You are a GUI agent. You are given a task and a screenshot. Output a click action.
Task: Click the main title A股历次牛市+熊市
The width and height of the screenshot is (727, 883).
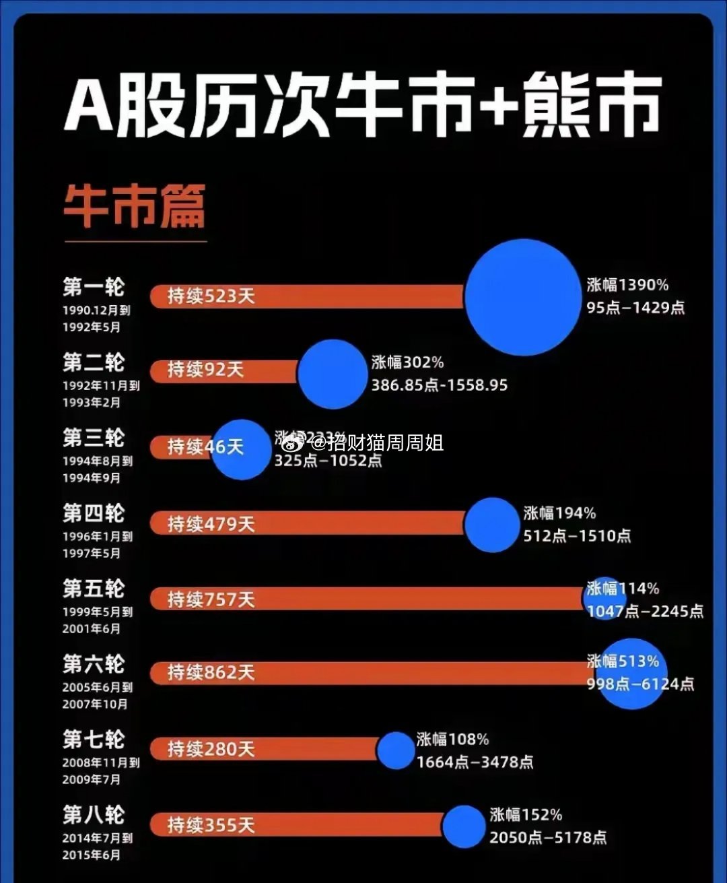tap(363, 106)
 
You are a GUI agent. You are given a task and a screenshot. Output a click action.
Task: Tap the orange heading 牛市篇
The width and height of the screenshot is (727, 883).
tap(134, 207)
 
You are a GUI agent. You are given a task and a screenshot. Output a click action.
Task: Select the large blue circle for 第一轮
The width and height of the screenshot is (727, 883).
tap(522, 297)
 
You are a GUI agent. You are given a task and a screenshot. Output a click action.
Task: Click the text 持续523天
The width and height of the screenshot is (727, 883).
tap(211, 296)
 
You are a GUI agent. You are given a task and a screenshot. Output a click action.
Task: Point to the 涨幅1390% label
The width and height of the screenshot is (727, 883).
tap(627, 285)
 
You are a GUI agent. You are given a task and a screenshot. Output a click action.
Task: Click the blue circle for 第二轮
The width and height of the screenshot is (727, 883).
tap(333, 374)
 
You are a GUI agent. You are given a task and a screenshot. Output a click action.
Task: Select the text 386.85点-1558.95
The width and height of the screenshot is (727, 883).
tap(440, 385)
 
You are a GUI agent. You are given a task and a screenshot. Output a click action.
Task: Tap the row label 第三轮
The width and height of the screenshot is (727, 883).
tap(94, 438)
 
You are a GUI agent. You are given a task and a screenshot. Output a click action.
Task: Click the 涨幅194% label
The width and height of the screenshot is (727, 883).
tap(559, 513)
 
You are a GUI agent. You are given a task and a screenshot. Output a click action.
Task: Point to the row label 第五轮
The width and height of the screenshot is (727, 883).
tap(94, 589)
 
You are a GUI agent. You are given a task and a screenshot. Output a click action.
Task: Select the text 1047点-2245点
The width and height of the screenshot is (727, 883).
tap(645, 611)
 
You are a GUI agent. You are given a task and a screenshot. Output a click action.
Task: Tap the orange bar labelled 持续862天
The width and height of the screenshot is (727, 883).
tap(370, 672)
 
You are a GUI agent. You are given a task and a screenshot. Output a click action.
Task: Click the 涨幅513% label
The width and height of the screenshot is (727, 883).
tap(623, 661)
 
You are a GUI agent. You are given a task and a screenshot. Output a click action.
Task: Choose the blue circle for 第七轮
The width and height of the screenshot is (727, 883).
tap(395, 750)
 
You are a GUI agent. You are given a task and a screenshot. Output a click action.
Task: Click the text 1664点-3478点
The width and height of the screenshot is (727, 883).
tap(475, 762)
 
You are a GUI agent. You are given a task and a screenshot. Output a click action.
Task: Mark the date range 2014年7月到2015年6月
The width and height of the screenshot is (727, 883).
tap(97, 847)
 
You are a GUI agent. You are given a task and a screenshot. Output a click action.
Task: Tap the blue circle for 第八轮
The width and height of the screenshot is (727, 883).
tap(464, 826)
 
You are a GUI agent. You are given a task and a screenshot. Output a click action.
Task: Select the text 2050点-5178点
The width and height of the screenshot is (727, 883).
tap(547, 837)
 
